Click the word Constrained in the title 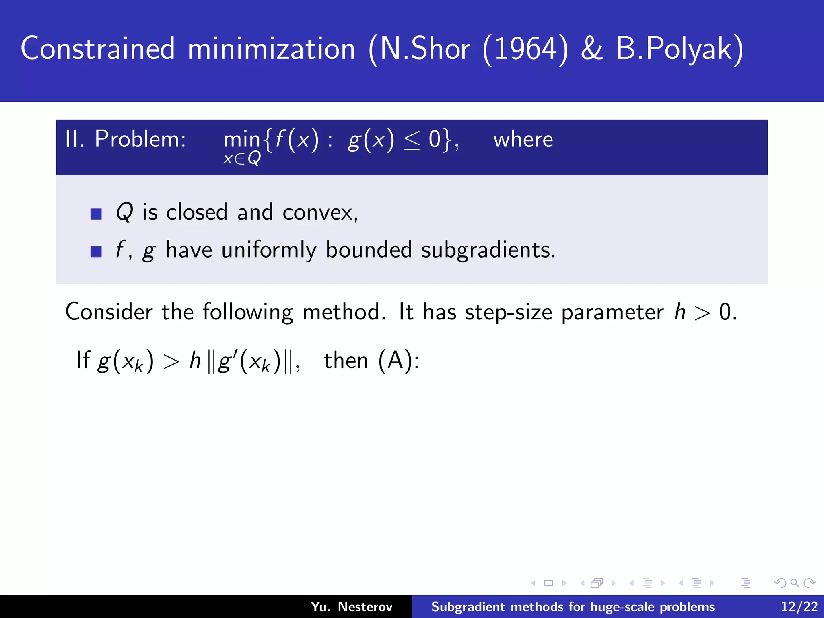(98, 49)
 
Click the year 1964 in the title (525, 49)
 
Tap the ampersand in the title (592, 49)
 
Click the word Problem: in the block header (140, 139)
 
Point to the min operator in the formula (241, 140)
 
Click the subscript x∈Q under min (242, 159)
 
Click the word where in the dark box (523, 140)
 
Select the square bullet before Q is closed (96, 214)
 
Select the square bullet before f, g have (96, 252)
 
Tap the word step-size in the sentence (509, 312)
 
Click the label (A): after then (399, 360)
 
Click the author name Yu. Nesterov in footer (351, 606)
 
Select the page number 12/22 (799, 606)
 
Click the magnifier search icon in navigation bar (794, 583)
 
